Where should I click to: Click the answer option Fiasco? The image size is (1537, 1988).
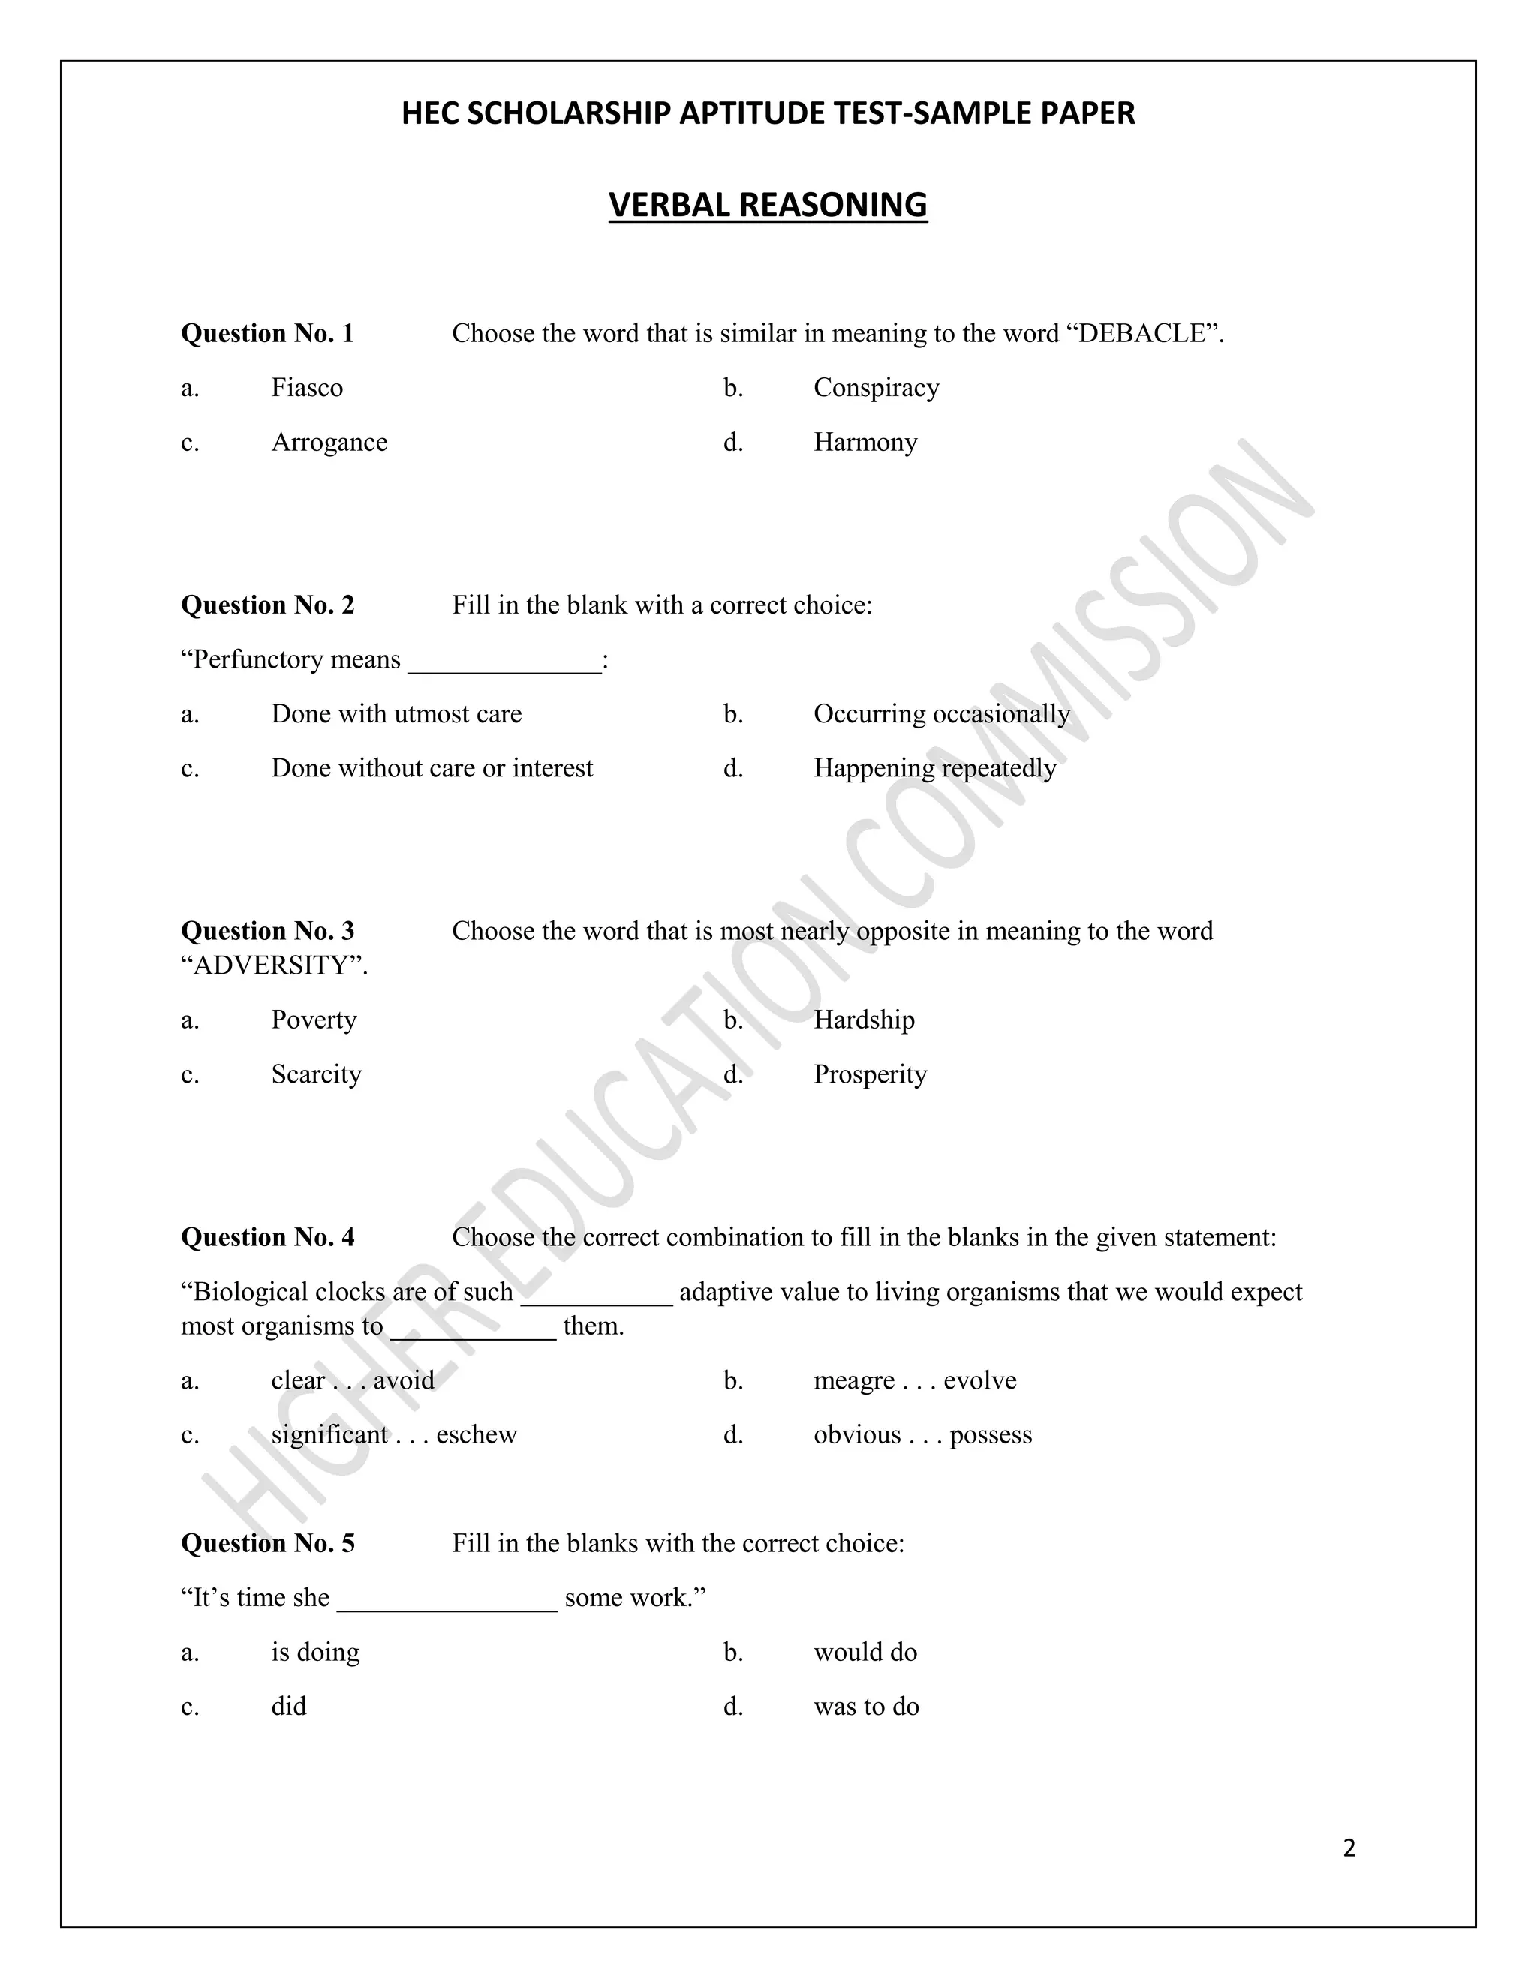click(307, 389)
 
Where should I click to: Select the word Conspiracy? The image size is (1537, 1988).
click(876, 389)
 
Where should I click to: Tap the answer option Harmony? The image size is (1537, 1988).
click(865, 443)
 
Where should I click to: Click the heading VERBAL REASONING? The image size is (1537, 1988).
click(768, 206)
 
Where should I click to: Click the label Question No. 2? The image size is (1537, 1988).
click(268, 605)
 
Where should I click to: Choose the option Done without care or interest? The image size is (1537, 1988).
click(432, 769)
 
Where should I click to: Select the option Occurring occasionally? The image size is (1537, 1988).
click(942, 714)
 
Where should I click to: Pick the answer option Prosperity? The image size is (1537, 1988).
click(870, 1075)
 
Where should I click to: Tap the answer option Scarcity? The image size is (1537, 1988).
click(316, 1075)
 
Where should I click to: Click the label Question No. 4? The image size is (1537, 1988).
click(268, 1238)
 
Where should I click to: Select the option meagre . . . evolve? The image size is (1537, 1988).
click(914, 1381)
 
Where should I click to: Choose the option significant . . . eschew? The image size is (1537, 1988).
click(393, 1435)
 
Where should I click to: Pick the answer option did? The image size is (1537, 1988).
click(289, 1707)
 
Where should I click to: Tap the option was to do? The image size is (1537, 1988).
click(866, 1707)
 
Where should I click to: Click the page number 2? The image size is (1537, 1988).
click(1349, 1848)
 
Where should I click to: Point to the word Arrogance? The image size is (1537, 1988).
click(329, 443)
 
